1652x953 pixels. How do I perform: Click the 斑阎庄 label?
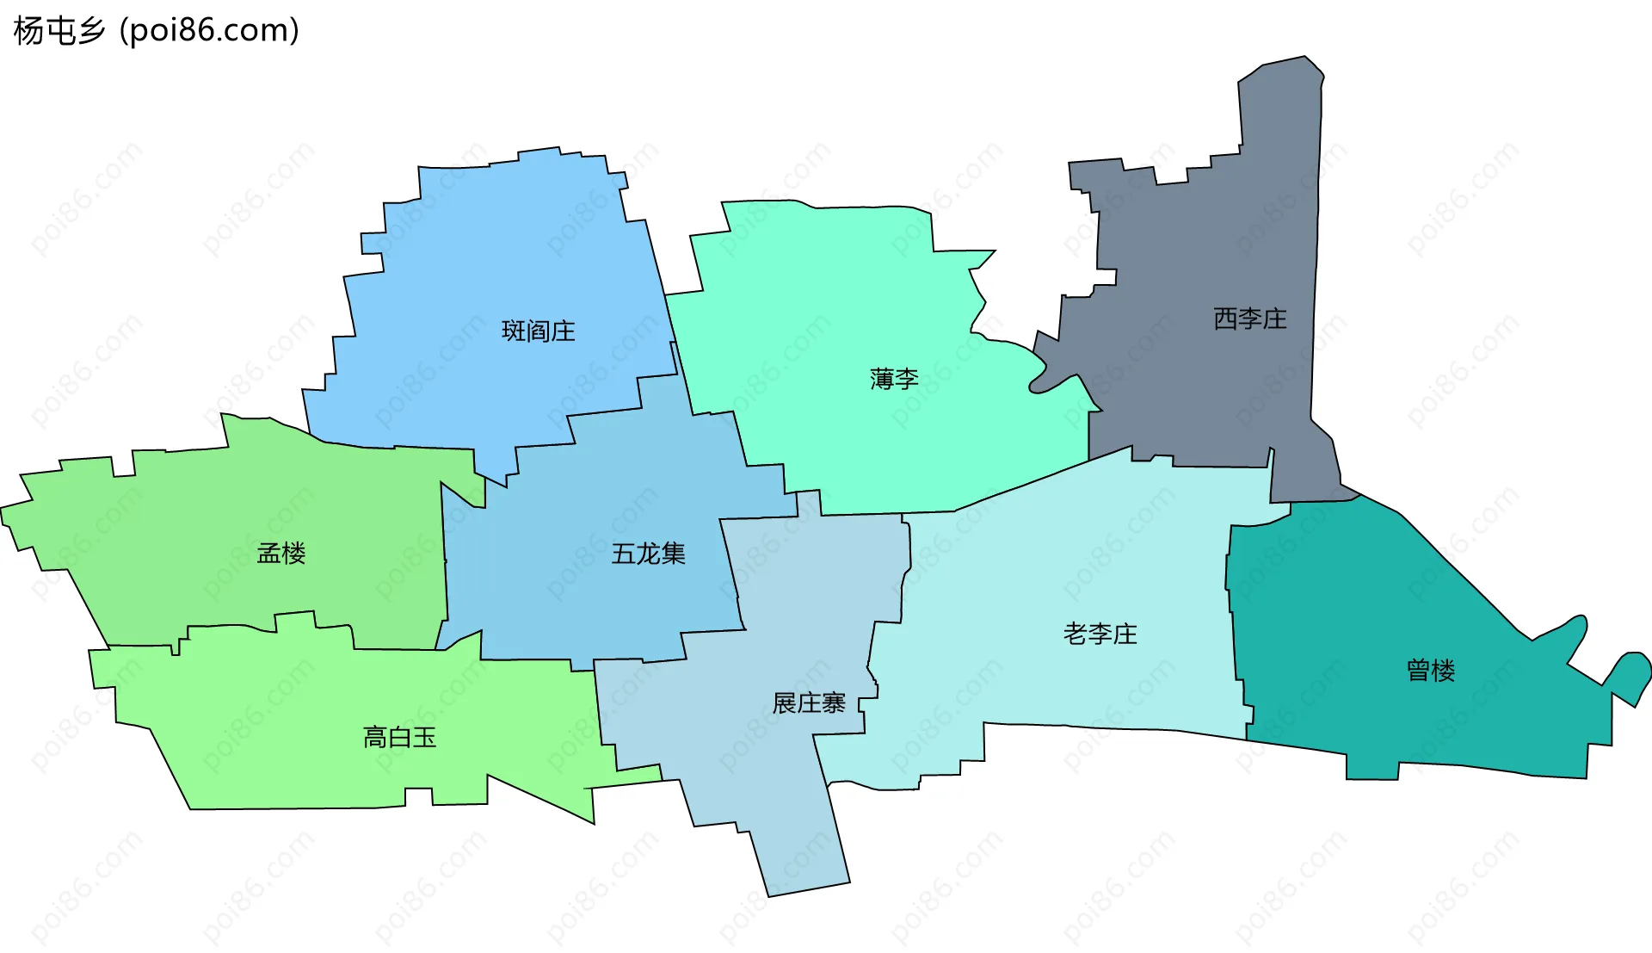pos(538,331)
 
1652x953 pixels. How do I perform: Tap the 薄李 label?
pos(894,379)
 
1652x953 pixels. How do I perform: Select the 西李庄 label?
pos(1249,319)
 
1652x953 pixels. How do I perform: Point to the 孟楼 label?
pos(281,554)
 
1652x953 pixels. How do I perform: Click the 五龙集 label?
pos(648,554)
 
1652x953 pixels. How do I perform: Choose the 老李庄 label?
pos(1100,634)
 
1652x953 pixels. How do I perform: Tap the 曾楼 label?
pos(1430,671)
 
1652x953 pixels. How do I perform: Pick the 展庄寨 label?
pos(809,703)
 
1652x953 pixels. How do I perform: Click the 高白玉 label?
pos(399,738)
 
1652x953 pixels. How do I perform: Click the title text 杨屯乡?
pos(59,31)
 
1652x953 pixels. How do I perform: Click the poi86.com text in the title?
pos(209,31)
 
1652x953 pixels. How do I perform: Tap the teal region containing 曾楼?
pos(1377,603)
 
